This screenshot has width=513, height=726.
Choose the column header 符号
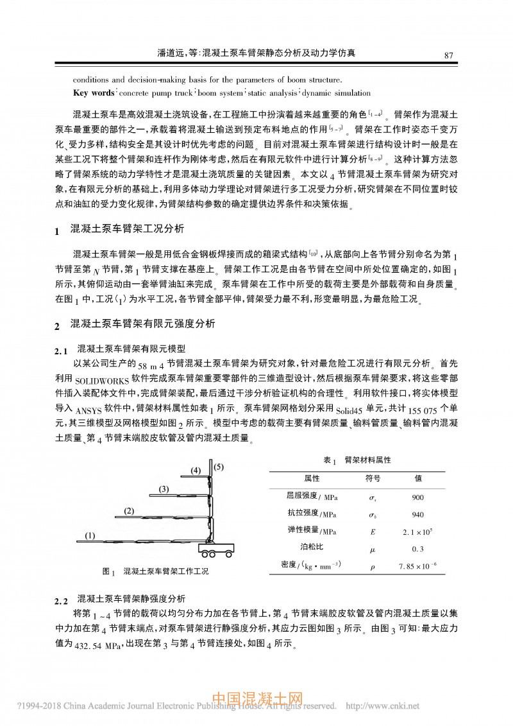(x=373, y=478)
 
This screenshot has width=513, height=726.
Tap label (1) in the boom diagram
(x=90, y=535)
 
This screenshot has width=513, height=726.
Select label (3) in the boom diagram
(x=164, y=489)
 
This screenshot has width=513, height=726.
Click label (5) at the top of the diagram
(x=219, y=467)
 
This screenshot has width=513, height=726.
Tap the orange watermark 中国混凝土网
(x=256, y=701)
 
